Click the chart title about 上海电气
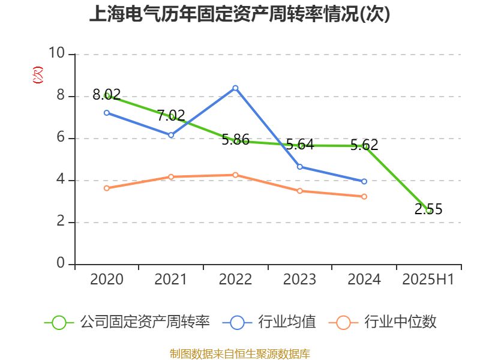(x=239, y=14)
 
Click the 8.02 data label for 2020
(x=107, y=94)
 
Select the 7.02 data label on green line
(x=171, y=115)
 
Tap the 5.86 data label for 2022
(x=235, y=140)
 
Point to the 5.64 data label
(x=299, y=144)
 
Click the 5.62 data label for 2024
(x=364, y=145)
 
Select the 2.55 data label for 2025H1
(x=428, y=209)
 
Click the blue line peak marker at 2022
(x=235, y=88)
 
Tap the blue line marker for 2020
(x=107, y=113)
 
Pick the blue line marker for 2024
(x=364, y=181)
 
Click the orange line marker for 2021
(x=171, y=177)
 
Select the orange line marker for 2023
(x=299, y=191)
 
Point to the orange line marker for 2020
(x=107, y=188)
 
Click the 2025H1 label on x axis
(x=428, y=279)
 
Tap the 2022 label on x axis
(x=235, y=279)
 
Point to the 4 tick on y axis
(x=61, y=180)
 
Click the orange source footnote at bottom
(x=239, y=353)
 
